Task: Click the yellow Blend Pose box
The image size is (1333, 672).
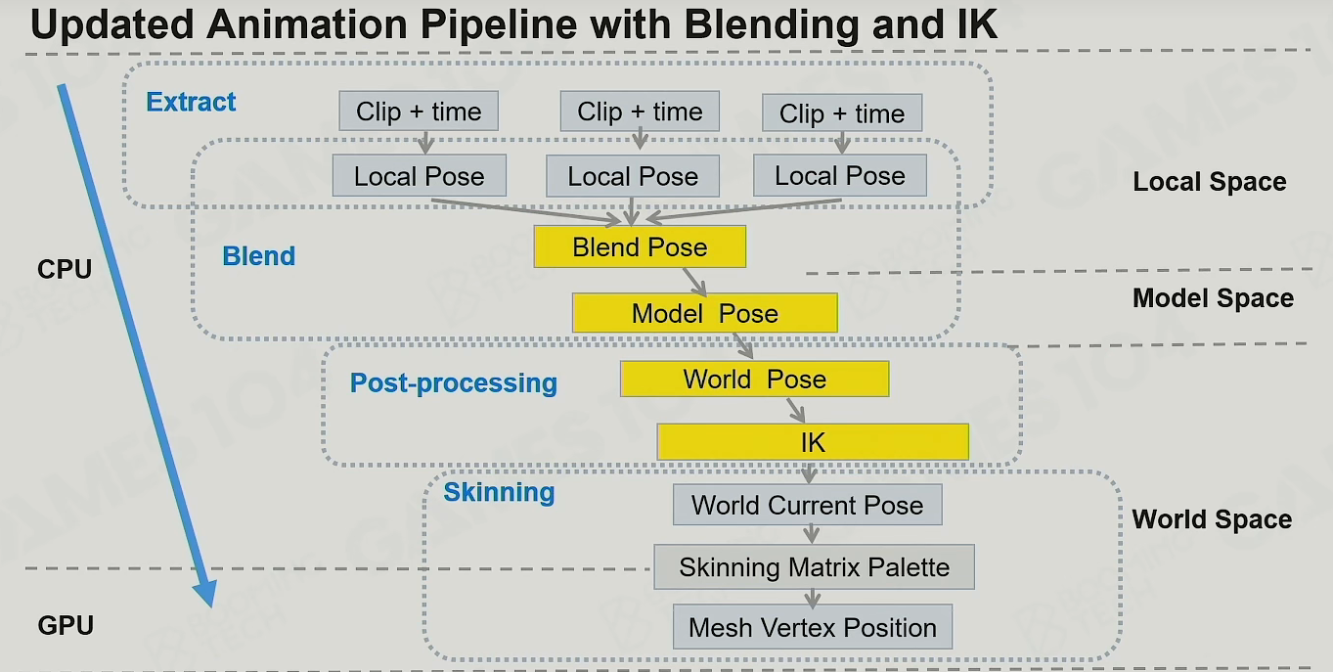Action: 640,246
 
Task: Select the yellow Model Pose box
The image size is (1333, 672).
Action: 704,313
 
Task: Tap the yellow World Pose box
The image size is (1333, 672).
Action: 755,379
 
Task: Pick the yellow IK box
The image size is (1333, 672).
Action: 813,442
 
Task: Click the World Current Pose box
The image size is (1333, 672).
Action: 808,505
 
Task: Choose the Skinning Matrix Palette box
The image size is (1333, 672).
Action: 814,566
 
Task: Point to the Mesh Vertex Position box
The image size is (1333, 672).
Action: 813,627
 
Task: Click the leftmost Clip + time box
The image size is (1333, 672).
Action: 419,111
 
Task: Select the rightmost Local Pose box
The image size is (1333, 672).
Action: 840,176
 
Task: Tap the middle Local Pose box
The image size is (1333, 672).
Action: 633,176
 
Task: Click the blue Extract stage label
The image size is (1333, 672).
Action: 191,102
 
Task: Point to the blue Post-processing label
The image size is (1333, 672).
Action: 454,382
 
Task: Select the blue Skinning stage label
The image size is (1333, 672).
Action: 499,492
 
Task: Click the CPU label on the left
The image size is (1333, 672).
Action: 65,269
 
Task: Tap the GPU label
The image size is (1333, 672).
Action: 66,626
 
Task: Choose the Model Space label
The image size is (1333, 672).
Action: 1213,297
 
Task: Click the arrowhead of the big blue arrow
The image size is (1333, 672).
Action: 204,593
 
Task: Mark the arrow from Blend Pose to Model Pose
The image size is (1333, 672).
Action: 694,282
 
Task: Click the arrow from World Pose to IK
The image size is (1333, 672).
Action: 796,410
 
